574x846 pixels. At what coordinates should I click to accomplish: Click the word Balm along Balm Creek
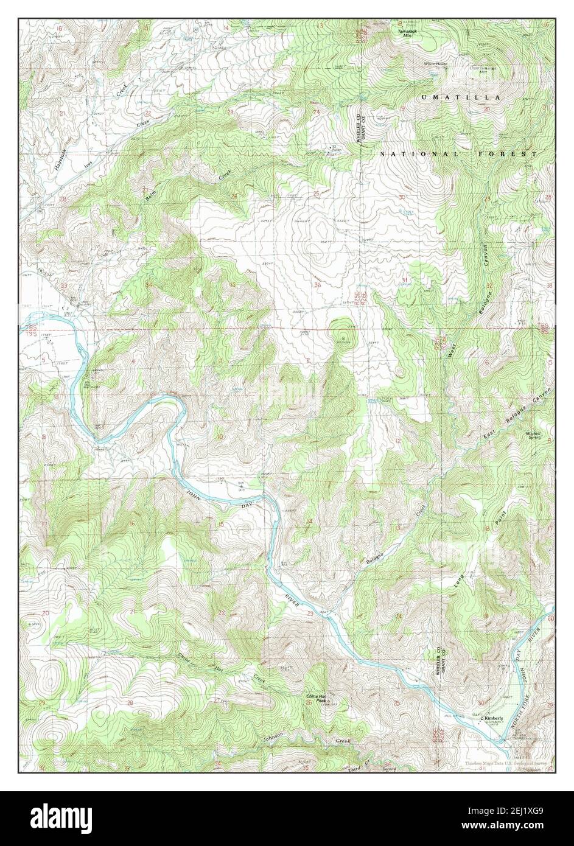150,195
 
